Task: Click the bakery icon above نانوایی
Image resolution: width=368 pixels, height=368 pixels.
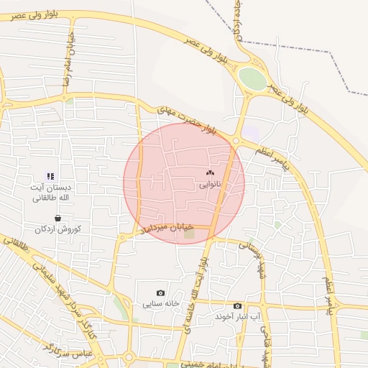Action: (210, 172)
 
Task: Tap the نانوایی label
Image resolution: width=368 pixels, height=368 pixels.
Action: (211, 185)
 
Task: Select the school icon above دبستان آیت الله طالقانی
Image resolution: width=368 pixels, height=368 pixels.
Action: (50, 175)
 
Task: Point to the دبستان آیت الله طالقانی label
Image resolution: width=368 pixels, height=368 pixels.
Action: (50, 192)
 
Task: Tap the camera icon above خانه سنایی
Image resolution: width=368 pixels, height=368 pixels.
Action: (160, 293)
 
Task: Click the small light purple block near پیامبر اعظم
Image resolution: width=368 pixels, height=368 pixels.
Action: (251, 133)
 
